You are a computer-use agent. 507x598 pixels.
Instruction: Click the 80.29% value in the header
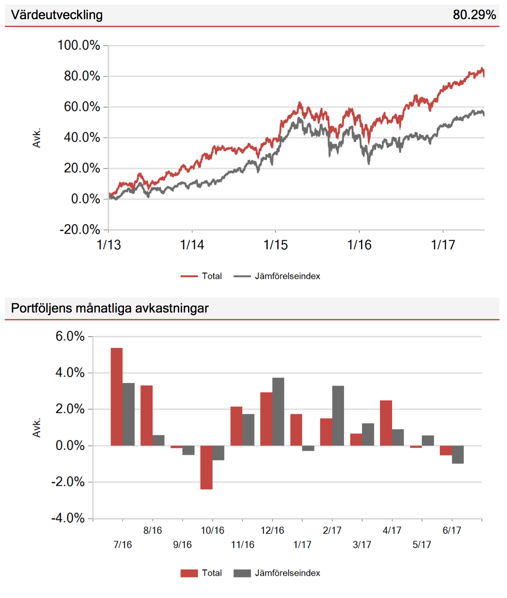pyautogui.click(x=474, y=15)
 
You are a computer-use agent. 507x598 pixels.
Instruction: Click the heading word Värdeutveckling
pyautogui.click(x=57, y=15)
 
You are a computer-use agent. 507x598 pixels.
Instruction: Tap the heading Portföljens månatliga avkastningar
pyautogui.click(x=110, y=308)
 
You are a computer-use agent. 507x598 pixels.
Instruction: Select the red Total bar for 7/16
pyautogui.click(x=116, y=397)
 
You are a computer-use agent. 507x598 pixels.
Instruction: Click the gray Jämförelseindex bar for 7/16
pyautogui.click(x=128, y=414)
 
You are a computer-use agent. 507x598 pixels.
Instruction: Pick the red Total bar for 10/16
pyautogui.click(x=206, y=467)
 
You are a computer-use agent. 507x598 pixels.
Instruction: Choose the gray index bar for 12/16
pyautogui.click(x=278, y=412)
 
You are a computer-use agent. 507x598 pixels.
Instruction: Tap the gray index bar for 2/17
pyautogui.click(x=338, y=416)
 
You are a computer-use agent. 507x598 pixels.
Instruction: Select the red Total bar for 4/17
pyautogui.click(x=386, y=423)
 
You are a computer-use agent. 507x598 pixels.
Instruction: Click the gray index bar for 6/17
pyautogui.click(x=458, y=455)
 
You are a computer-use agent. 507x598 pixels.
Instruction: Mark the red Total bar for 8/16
pyautogui.click(x=146, y=415)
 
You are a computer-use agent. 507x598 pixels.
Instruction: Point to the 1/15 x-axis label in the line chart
pyautogui.click(x=275, y=245)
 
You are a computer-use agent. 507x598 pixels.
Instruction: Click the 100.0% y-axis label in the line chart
pyautogui.click(x=78, y=45)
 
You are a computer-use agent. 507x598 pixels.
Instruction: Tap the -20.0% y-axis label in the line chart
pyautogui.click(x=80, y=229)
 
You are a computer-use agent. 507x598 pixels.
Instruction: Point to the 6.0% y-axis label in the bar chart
pyautogui.click(x=70, y=336)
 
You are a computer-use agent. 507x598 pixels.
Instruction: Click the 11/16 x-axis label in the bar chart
pyautogui.click(x=242, y=544)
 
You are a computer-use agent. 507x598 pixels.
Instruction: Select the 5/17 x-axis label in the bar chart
pyautogui.click(x=421, y=544)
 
